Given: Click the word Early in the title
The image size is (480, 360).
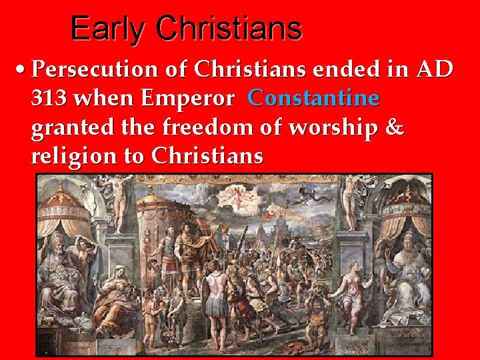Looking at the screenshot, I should click(x=107, y=29).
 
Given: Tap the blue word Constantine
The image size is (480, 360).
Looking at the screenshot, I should click(x=313, y=99).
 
